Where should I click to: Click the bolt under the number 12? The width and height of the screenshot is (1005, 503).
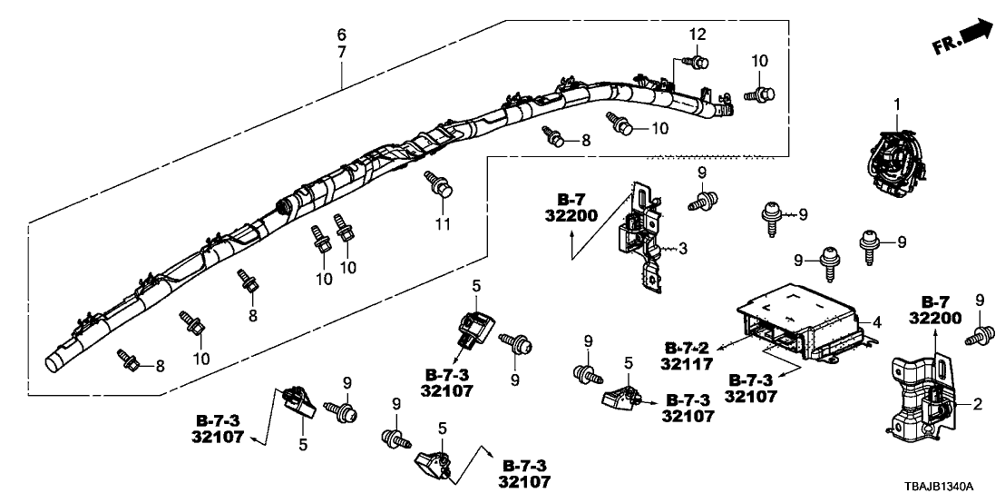698,62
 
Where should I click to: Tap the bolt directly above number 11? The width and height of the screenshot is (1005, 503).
440,186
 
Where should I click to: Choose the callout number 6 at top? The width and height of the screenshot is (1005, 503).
341,35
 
